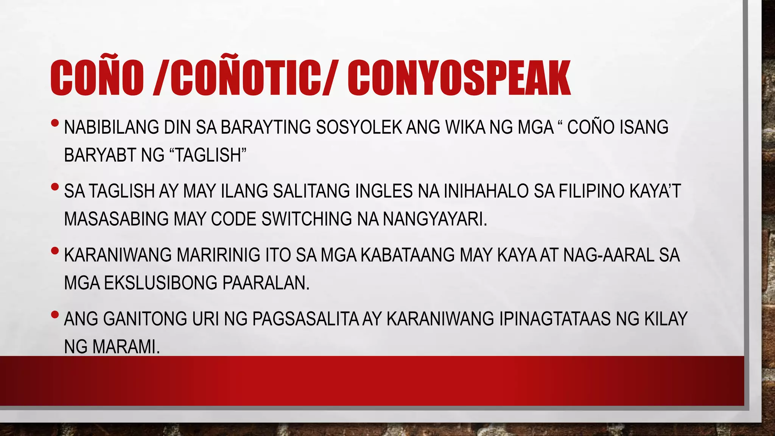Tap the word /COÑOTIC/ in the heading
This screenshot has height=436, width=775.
click(x=244, y=78)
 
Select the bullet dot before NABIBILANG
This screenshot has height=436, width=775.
click(x=55, y=123)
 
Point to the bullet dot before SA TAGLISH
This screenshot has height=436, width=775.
click(x=55, y=187)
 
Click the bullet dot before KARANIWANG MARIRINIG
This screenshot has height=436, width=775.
click(x=55, y=251)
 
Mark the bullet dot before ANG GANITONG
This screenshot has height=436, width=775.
click(x=55, y=315)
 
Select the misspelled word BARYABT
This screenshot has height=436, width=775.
click(x=100, y=155)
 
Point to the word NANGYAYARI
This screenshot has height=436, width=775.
click(x=434, y=219)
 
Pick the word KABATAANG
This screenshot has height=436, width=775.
click(x=408, y=255)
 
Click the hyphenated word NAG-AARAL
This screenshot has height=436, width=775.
click(x=608, y=255)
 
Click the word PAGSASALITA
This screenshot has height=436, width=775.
click(x=305, y=319)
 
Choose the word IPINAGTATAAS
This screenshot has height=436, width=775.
click(x=555, y=319)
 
